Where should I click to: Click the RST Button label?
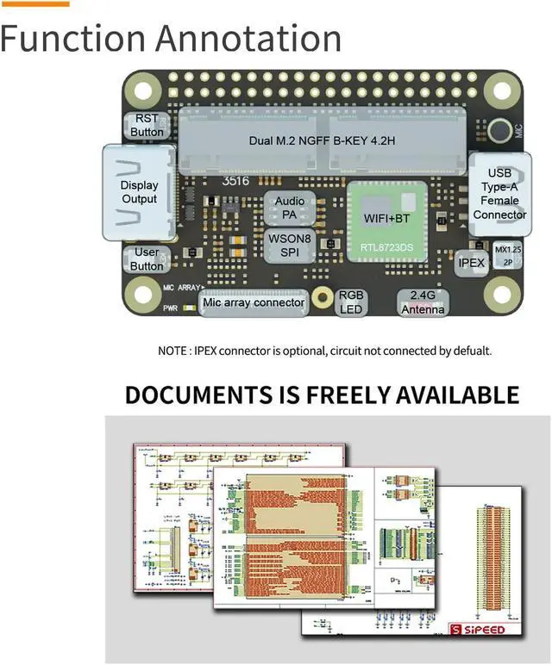(147, 126)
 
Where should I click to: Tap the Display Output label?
(139, 192)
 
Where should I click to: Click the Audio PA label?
(289, 208)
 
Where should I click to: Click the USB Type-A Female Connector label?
(499, 194)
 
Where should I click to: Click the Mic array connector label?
(254, 303)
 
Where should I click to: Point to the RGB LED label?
(351, 301)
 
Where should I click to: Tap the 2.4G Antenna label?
(423, 302)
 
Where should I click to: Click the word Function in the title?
(74, 39)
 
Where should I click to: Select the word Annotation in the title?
(251, 39)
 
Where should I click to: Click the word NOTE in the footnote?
(172, 351)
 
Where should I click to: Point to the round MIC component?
(499, 131)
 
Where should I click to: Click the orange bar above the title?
(34, 3)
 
